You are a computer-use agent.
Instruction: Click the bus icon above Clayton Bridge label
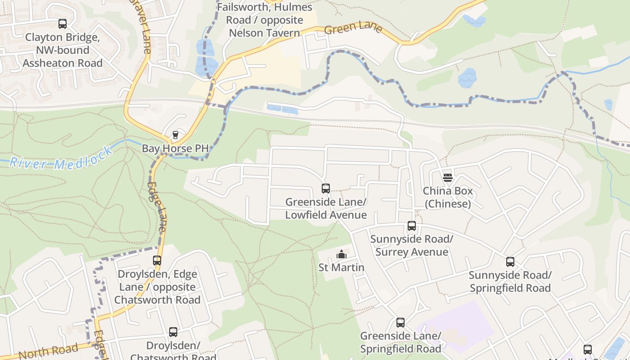point(63,24)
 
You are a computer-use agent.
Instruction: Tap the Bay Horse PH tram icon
point(175,135)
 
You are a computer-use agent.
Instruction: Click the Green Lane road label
point(353,28)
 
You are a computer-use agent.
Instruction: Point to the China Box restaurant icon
point(447,178)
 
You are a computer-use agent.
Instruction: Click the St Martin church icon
point(342,255)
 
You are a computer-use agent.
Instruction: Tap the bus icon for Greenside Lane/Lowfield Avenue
point(326,189)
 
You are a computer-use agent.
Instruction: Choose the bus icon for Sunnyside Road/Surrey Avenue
point(412,226)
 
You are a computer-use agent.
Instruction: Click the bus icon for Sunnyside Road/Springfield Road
point(510,262)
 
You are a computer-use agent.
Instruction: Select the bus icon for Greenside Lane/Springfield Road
point(400,323)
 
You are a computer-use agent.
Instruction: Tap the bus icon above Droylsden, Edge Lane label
point(157,260)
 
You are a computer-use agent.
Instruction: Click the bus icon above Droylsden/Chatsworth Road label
point(173,332)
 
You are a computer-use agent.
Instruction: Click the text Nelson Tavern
point(264,33)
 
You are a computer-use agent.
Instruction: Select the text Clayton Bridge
point(63,37)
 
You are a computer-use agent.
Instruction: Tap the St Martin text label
point(342,268)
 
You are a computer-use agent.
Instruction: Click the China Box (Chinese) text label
point(448,198)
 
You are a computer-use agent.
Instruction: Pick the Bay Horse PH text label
point(175,148)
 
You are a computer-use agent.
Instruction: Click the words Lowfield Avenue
point(326,215)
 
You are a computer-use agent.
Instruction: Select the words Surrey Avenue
point(412,252)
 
